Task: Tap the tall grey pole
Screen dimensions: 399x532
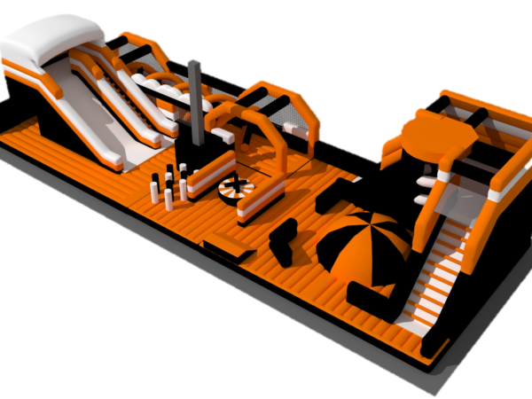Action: [x=194, y=98]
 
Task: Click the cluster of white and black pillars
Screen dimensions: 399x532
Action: [x=172, y=186]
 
